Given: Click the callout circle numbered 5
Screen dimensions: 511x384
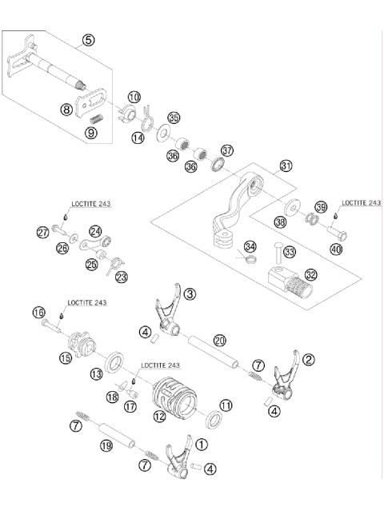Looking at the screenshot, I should click(88, 39).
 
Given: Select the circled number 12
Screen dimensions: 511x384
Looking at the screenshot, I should click(160, 415).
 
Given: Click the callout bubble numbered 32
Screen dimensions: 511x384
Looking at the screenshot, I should click(310, 274).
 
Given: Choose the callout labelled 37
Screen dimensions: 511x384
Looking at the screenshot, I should click(227, 150).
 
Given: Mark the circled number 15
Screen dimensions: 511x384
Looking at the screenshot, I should click(66, 359).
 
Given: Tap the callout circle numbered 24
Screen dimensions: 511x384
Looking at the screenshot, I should click(118, 231).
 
